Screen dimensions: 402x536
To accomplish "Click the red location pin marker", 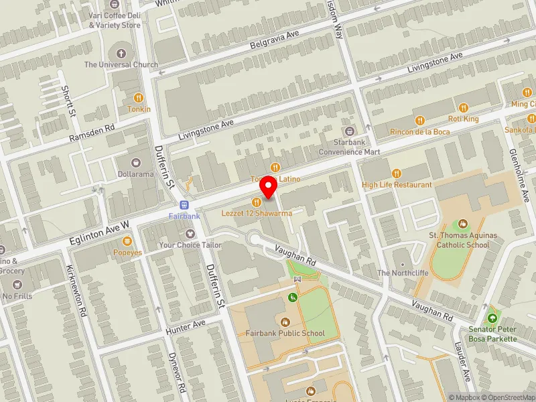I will click(x=269, y=187).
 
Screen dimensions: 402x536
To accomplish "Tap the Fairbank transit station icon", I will click(x=184, y=205).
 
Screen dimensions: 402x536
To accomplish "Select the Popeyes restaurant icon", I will click(x=127, y=241).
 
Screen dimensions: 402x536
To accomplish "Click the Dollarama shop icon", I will click(x=137, y=163).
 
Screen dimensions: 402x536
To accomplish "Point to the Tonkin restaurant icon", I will click(x=139, y=98).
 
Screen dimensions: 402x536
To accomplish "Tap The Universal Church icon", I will click(x=121, y=54).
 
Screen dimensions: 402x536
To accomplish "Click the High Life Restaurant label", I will click(x=397, y=184).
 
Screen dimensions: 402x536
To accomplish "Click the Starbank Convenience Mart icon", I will click(x=348, y=131).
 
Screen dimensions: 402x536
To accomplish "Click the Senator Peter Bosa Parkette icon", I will click(x=493, y=320).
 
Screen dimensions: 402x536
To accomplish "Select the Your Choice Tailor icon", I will click(x=190, y=234).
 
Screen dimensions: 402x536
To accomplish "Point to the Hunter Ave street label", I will click(x=186, y=326).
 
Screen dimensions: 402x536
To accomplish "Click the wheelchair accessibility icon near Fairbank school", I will click(x=292, y=297).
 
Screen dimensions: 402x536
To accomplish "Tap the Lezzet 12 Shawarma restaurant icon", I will click(x=256, y=202).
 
